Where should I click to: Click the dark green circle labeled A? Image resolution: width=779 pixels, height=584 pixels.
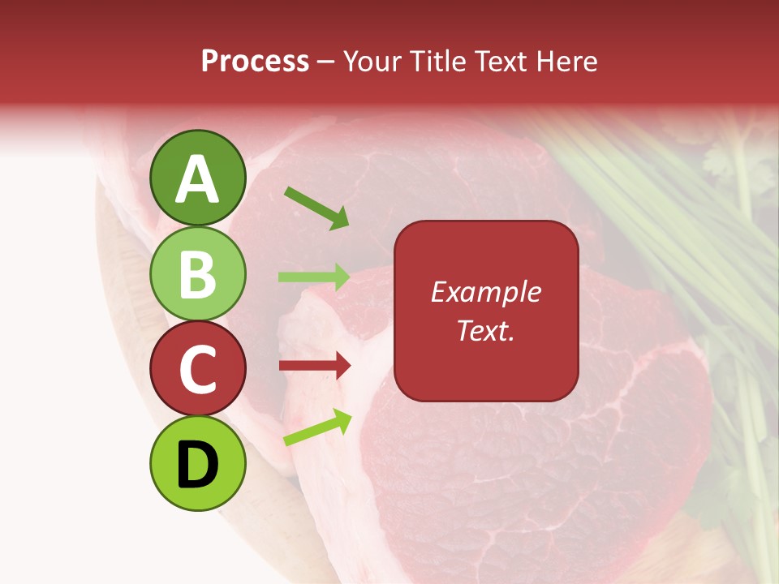198,178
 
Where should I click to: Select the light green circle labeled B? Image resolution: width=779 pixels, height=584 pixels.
198,273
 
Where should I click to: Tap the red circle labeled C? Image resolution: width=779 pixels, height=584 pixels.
198,369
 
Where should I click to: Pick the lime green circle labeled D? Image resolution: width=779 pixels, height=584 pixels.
198,463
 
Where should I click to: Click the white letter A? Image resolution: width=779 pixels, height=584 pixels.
198,179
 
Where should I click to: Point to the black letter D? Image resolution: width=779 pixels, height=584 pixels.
198,465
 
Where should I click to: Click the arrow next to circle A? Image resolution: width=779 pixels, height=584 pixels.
316,208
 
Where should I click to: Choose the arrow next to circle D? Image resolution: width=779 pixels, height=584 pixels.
317,427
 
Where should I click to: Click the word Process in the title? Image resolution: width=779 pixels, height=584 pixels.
255,62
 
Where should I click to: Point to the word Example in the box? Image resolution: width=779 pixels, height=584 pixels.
485,292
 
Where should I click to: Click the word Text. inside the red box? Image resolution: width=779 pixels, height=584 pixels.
485,330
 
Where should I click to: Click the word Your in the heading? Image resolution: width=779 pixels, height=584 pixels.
372,62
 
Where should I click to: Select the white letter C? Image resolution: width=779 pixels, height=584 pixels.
198,370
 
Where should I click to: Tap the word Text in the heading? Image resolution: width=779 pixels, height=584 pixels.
501,62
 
